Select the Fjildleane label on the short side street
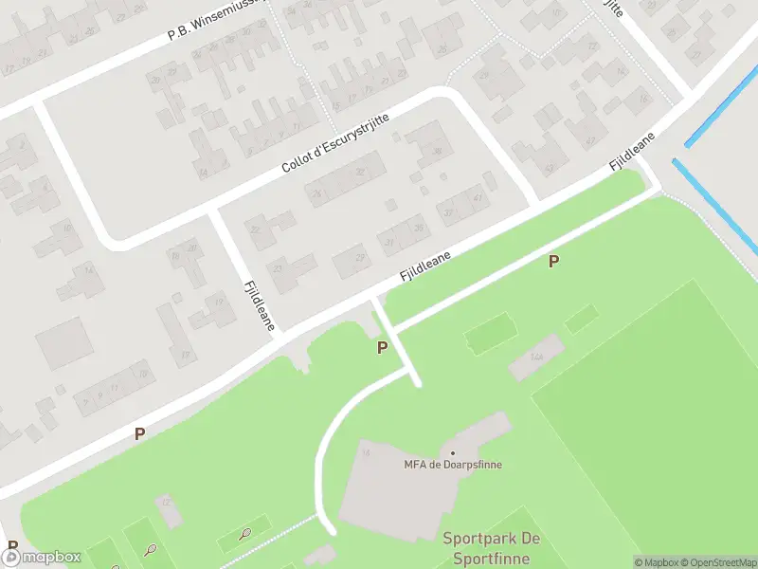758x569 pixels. point(259,304)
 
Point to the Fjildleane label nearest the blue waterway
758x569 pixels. point(633,152)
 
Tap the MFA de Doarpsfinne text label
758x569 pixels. point(453,465)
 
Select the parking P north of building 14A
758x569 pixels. point(553,261)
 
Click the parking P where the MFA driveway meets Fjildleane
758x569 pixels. point(382,348)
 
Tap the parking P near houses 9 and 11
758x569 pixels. point(139,433)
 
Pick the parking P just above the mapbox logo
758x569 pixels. point(12,546)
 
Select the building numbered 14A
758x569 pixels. point(536,357)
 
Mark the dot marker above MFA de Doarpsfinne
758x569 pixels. point(453,453)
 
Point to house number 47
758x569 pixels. point(478,198)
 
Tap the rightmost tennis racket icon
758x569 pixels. point(246,534)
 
